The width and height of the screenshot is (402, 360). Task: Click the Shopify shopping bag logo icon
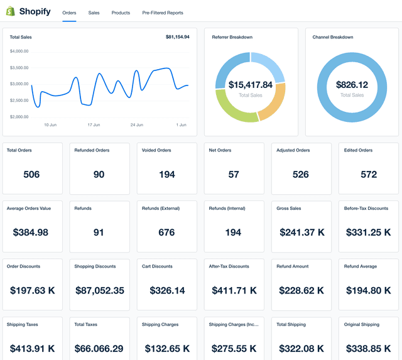tap(11, 12)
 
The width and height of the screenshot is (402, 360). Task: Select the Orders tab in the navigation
tap(69, 13)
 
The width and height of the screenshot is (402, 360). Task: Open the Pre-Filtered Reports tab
tap(163, 13)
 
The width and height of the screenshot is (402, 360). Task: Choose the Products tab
tap(121, 13)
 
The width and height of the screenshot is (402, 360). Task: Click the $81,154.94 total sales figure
tap(177, 37)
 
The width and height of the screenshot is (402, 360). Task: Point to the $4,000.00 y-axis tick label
tap(19, 52)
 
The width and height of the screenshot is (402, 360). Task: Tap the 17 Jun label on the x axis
tap(94, 125)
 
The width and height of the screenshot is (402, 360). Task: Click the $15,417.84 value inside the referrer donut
tap(250, 85)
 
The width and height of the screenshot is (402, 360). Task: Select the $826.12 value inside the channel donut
tap(352, 85)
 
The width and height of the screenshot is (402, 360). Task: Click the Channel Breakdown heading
tap(333, 37)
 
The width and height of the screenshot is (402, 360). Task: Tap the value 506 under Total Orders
tap(31, 175)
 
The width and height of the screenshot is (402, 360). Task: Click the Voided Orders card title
tap(156, 150)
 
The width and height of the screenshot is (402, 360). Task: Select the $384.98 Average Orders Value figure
tap(31, 232)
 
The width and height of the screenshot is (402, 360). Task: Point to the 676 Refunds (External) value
tap(166, 232)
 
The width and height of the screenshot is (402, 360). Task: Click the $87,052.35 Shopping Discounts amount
tap(99, 290)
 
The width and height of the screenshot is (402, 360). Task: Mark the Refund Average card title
tap(360, 266)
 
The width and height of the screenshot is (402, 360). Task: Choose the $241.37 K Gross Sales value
tap(301, 232)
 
